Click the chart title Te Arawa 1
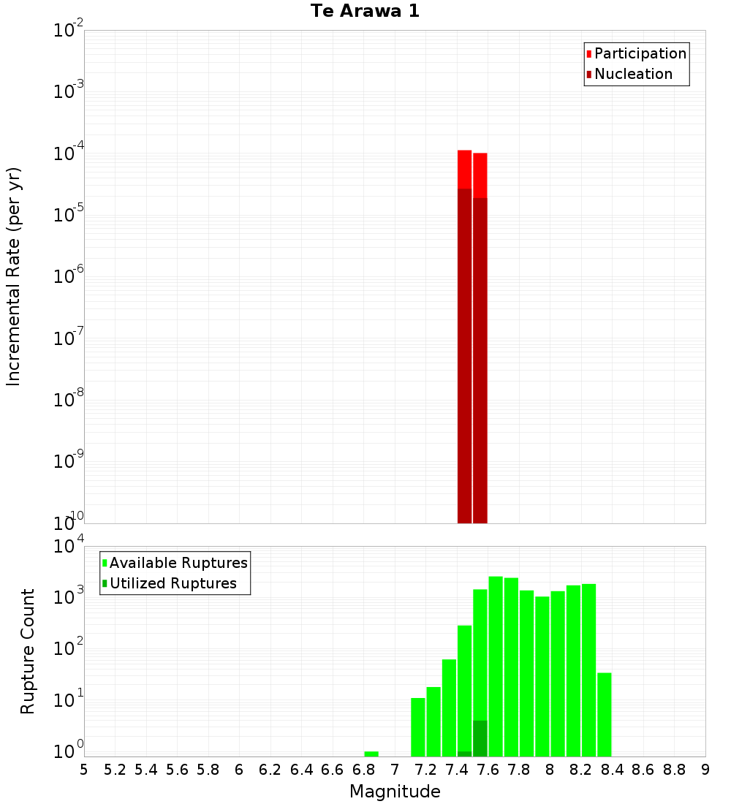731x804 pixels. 365,12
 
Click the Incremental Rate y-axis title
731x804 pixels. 14,276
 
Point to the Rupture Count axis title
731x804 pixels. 28,651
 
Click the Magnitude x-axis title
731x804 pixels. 395,792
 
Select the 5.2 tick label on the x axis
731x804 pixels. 115,769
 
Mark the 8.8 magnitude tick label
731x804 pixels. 674,769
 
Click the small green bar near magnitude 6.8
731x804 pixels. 371,754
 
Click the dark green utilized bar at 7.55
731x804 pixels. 480,738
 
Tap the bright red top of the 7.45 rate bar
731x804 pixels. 465,169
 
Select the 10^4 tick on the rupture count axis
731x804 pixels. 69,547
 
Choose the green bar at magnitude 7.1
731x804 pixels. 418,727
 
